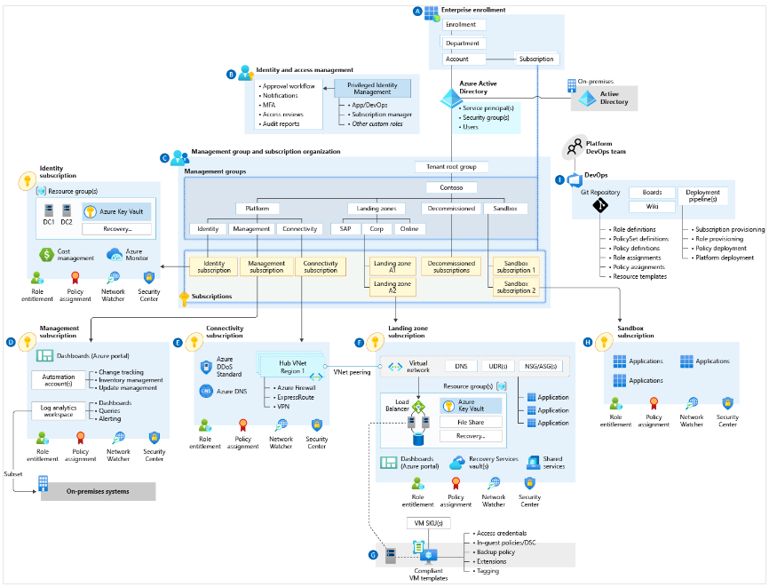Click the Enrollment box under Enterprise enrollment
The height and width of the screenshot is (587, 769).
coord(461,25)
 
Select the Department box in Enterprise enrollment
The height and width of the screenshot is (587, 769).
coord(463,43)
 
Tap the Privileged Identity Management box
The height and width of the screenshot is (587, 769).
coord(373,88)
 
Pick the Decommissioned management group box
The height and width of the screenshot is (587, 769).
coord(450,209)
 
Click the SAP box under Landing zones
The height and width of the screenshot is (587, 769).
coord(345,229)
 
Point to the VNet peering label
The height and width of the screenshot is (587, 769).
coord(352,373)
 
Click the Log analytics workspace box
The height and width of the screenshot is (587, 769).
coord(59,410)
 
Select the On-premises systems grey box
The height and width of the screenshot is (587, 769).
coord(98,491)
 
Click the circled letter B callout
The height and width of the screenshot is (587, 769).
coord(232,75)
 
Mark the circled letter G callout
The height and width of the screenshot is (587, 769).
coord(373,555)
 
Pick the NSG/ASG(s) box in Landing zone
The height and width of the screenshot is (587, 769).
coord(542,366)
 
